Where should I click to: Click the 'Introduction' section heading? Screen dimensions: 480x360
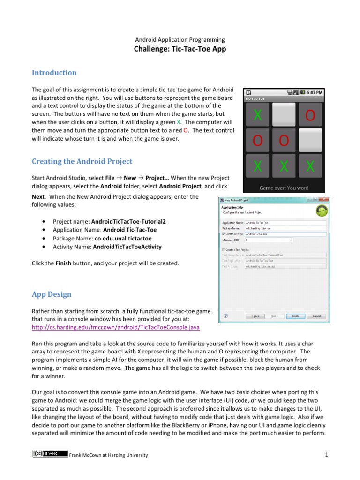[54, 73]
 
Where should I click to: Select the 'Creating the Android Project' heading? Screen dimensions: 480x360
[82, 161]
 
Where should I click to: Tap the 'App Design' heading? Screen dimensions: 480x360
[52, 294]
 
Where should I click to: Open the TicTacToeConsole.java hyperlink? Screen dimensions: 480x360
[115, 327]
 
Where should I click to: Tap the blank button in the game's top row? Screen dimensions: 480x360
[284, 115]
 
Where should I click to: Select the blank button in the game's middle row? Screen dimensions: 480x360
[310, 140]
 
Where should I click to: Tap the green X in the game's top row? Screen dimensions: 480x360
[257, 115]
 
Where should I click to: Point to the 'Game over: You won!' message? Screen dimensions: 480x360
[284, 187]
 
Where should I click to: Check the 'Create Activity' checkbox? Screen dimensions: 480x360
[224, 233]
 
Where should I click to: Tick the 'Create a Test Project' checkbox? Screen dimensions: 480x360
[224, 250]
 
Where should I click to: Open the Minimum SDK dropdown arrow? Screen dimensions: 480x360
[292, 240]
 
